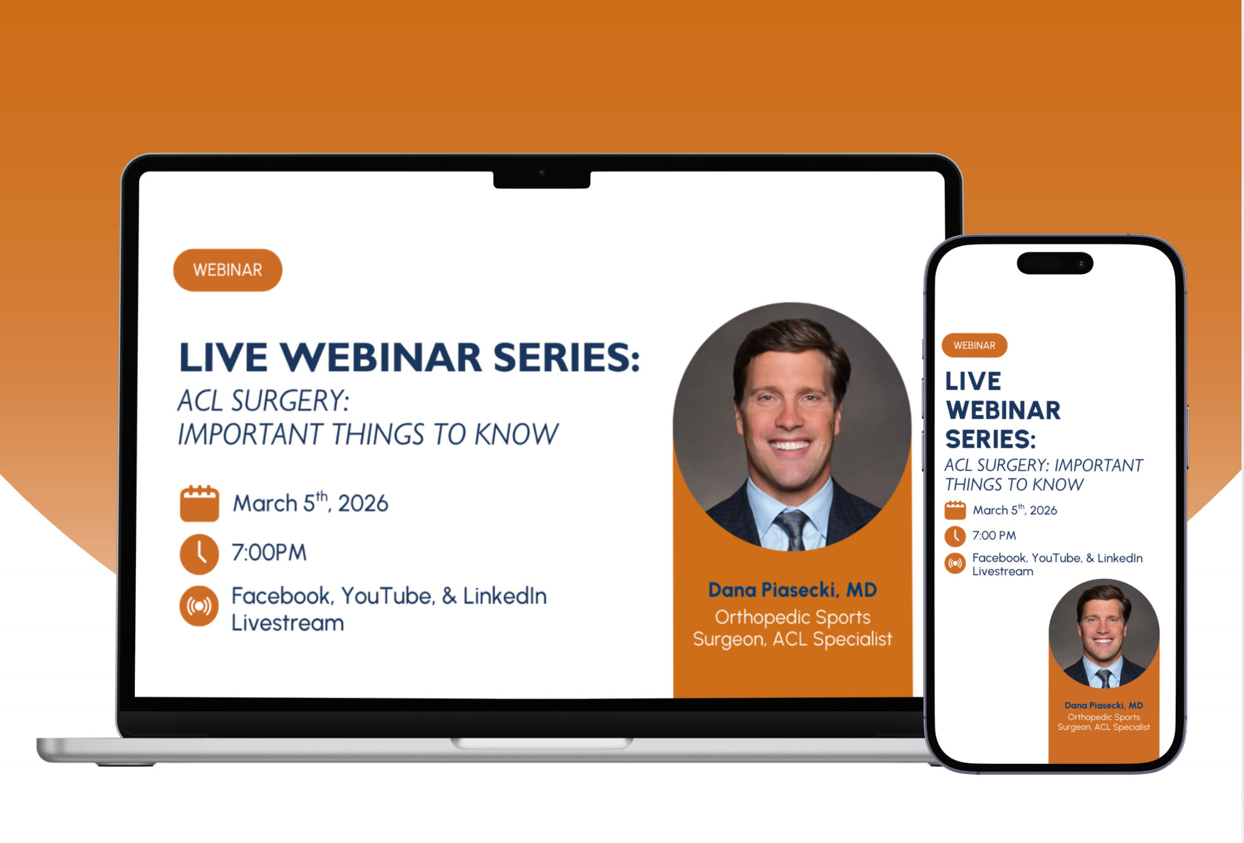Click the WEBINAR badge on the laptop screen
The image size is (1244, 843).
coord(228,270)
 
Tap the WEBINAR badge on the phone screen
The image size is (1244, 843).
coord(974,346)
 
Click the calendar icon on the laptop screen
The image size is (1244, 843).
coord(199,504)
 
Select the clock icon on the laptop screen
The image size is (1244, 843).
coord(199,554)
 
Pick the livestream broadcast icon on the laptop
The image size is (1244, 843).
coord(199,606)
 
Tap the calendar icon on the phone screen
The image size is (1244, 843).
coord(955,510)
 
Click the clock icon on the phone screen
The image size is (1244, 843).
coord(955,536)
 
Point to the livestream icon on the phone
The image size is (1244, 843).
coord(955,563)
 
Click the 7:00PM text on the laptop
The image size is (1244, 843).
coord(269,553)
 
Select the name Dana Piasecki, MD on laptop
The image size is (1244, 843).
coord(792,590)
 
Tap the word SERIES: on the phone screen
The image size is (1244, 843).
coord(991,439)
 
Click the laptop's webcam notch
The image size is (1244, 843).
coord(542,178)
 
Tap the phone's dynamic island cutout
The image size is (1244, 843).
coord(1055,263)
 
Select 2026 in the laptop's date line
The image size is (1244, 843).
coord(363,504)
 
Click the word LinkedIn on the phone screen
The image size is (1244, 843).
coord(1120,558)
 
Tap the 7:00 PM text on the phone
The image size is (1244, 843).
coord(994,535)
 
